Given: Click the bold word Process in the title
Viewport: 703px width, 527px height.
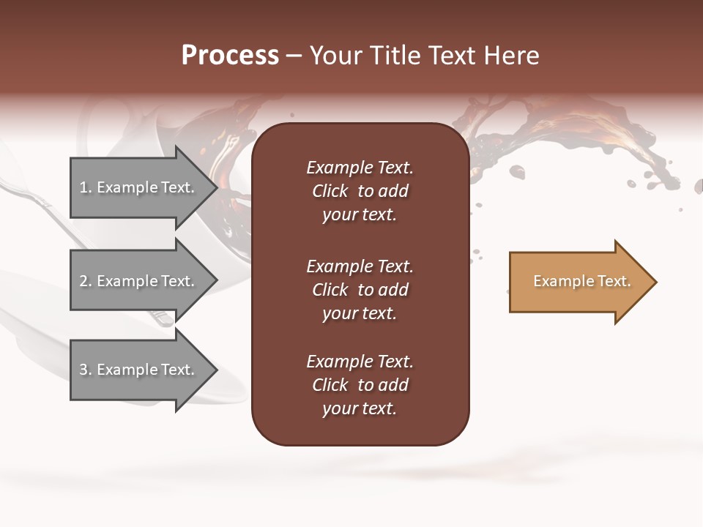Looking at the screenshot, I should point(230,56).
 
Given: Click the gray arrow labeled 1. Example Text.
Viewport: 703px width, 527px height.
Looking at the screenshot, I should point(139,188).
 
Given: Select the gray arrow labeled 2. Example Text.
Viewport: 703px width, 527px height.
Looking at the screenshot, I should point(139,281).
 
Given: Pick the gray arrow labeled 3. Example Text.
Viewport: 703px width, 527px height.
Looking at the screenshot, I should point(139,370).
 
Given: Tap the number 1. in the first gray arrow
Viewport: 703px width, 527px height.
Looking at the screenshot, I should point(86,187).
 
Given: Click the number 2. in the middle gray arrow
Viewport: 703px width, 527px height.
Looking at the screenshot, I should point(86,281).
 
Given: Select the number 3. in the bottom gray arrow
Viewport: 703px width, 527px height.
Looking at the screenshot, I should point(86,370).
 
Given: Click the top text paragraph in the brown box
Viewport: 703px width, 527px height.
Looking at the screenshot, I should point(360,191).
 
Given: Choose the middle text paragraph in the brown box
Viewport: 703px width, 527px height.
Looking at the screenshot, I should point(360,290).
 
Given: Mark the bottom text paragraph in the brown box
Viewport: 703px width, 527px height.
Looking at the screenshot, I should point(360,385).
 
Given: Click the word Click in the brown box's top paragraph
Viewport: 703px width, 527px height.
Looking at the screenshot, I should point(330,191).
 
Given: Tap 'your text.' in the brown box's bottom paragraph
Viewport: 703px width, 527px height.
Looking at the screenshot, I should point(360,408).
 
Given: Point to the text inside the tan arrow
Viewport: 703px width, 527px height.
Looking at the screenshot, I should point(581,281).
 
